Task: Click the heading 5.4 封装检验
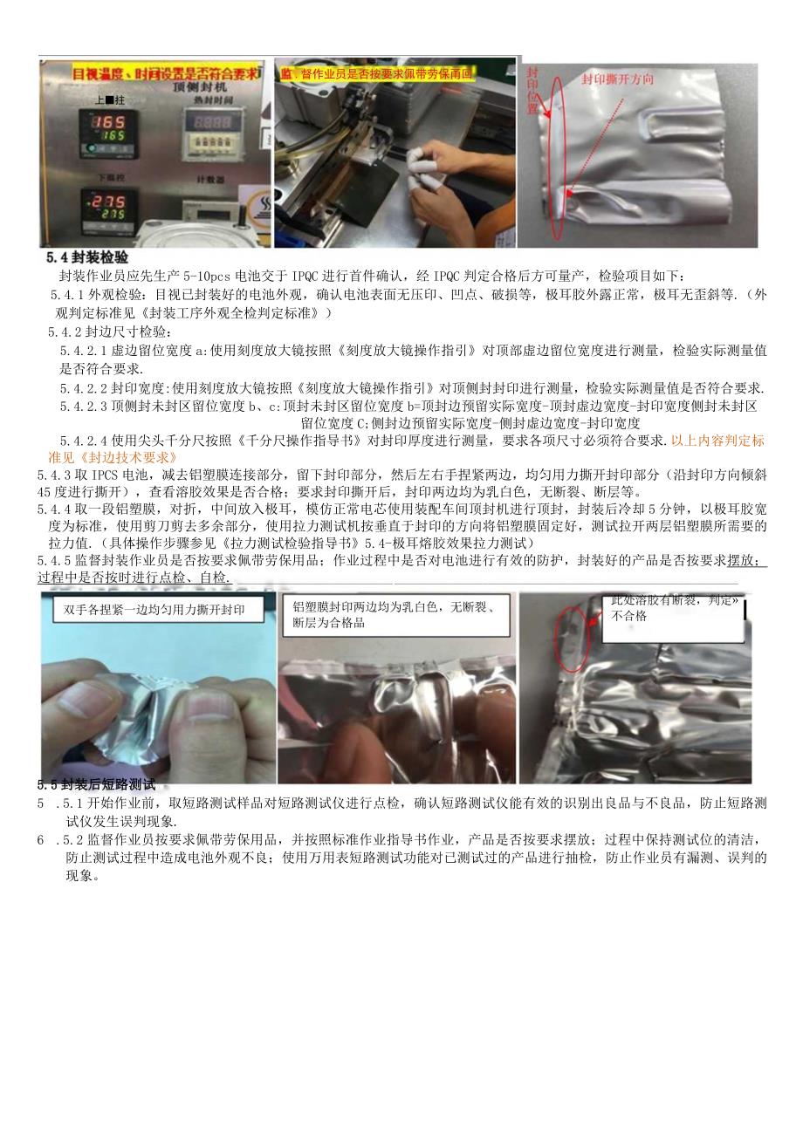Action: (x=87, y=258)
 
